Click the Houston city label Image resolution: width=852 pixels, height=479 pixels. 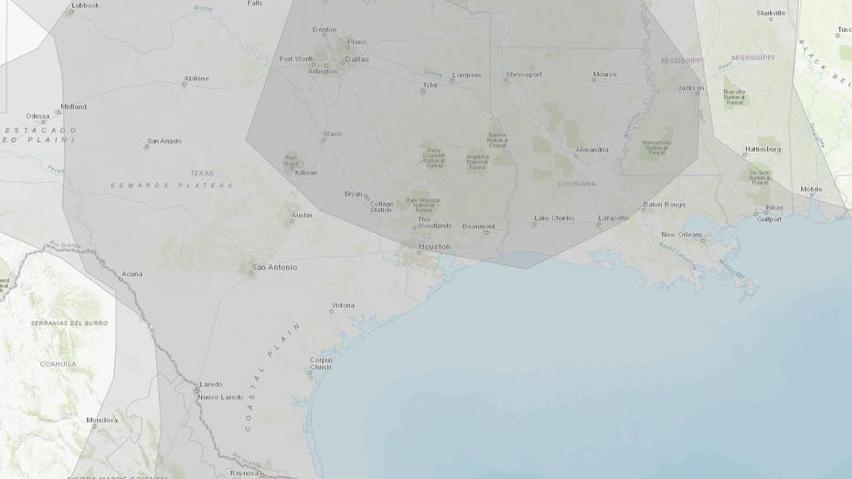434,247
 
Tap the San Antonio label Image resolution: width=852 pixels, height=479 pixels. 274,267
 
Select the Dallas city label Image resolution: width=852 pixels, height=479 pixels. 357,59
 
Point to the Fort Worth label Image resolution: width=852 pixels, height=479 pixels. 296,59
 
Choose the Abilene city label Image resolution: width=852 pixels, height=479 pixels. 196,79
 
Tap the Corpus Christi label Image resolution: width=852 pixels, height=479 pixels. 321,363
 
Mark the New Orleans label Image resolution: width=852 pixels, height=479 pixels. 682,235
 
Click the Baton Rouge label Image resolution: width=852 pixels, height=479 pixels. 665,204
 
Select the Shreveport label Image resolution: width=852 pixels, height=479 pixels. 524,75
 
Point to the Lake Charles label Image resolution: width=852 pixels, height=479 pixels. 556,218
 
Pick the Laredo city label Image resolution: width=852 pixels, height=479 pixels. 211,385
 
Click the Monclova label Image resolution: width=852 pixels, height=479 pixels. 103,420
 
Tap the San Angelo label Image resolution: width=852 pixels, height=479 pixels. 165,141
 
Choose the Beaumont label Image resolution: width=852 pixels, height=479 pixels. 478,226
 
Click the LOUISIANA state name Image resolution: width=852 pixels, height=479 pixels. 577,184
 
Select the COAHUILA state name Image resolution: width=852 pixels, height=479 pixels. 58,363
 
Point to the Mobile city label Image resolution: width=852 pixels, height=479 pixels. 811,189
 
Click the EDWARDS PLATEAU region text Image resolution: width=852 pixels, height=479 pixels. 172,185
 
